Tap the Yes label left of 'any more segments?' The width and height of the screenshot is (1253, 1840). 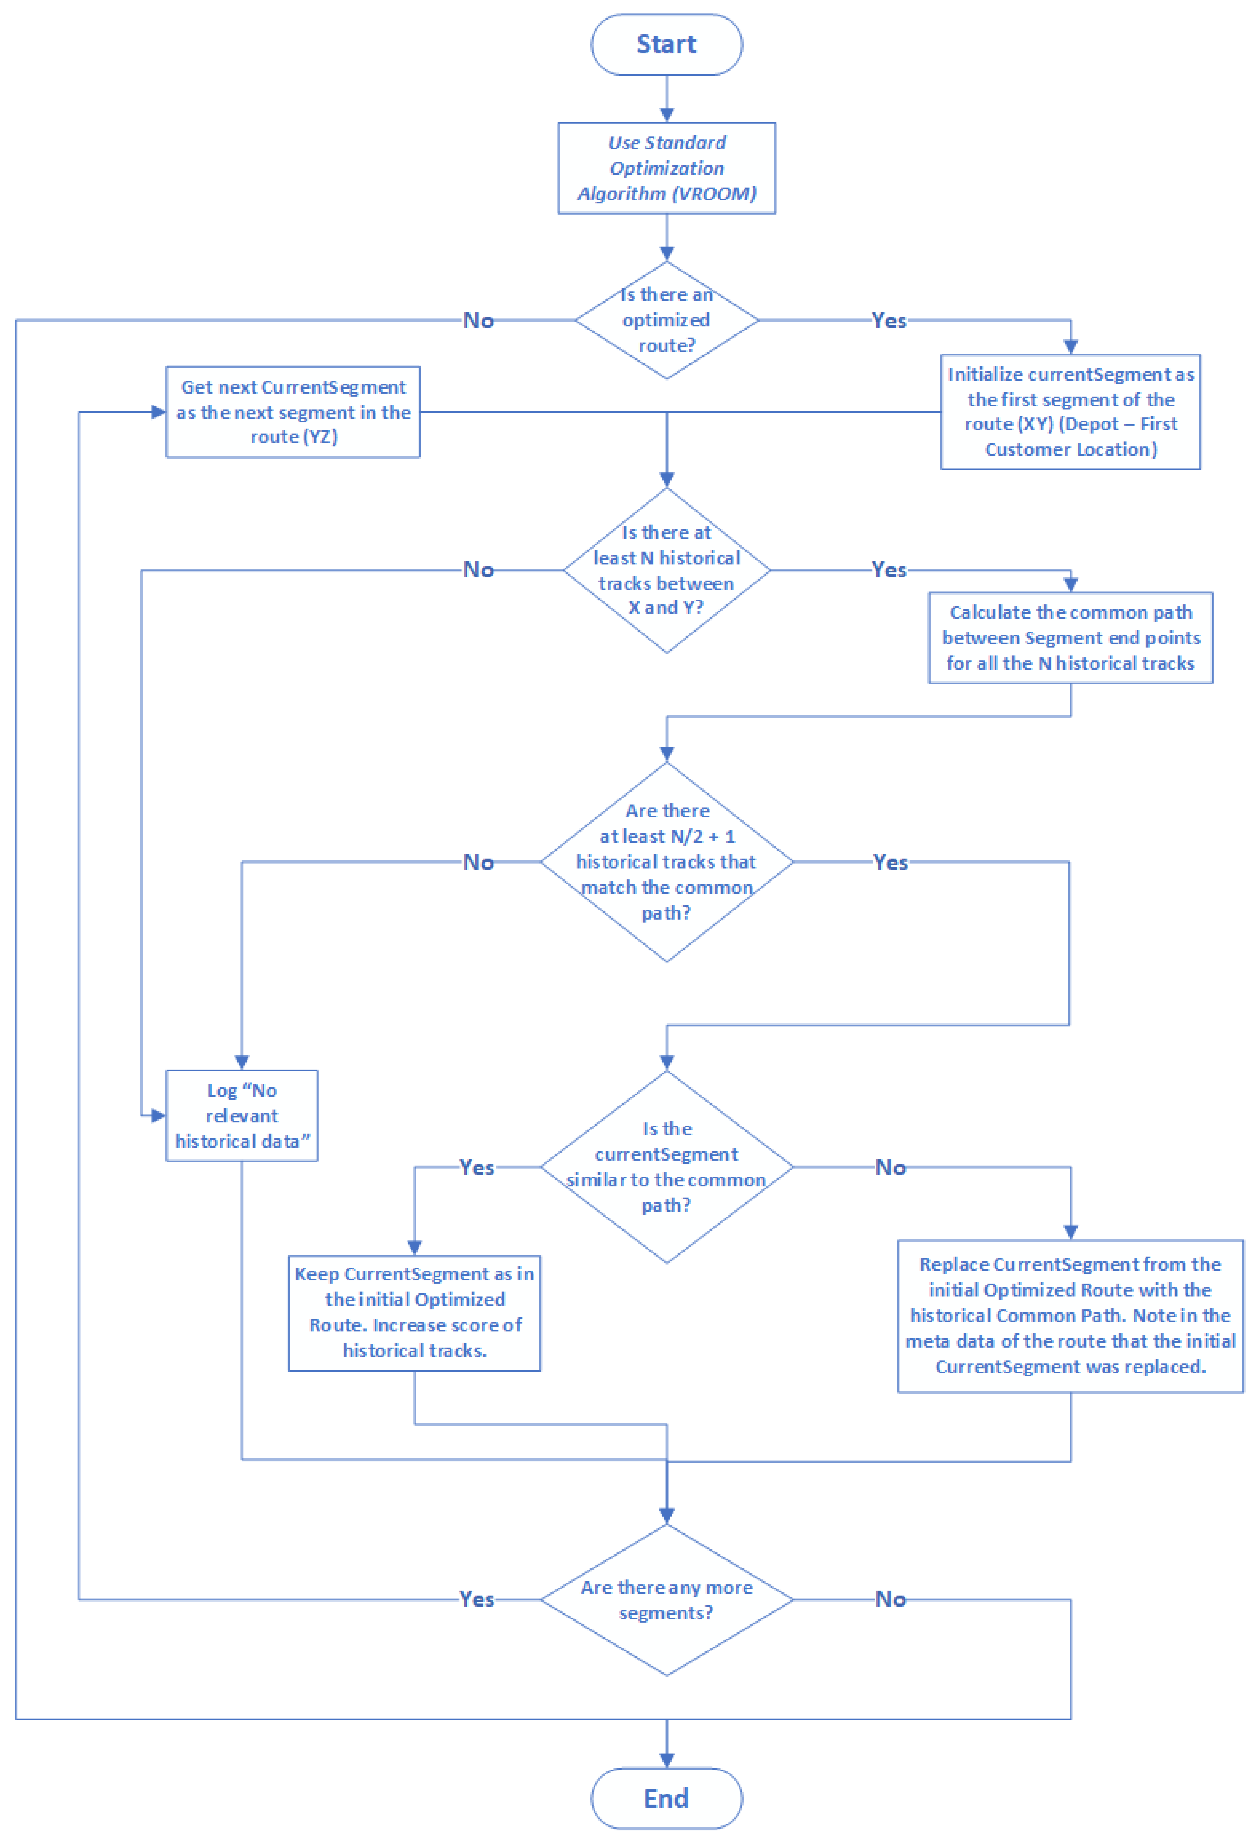pos(477,1599)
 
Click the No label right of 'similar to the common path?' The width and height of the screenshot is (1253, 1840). pos(890,1167)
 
